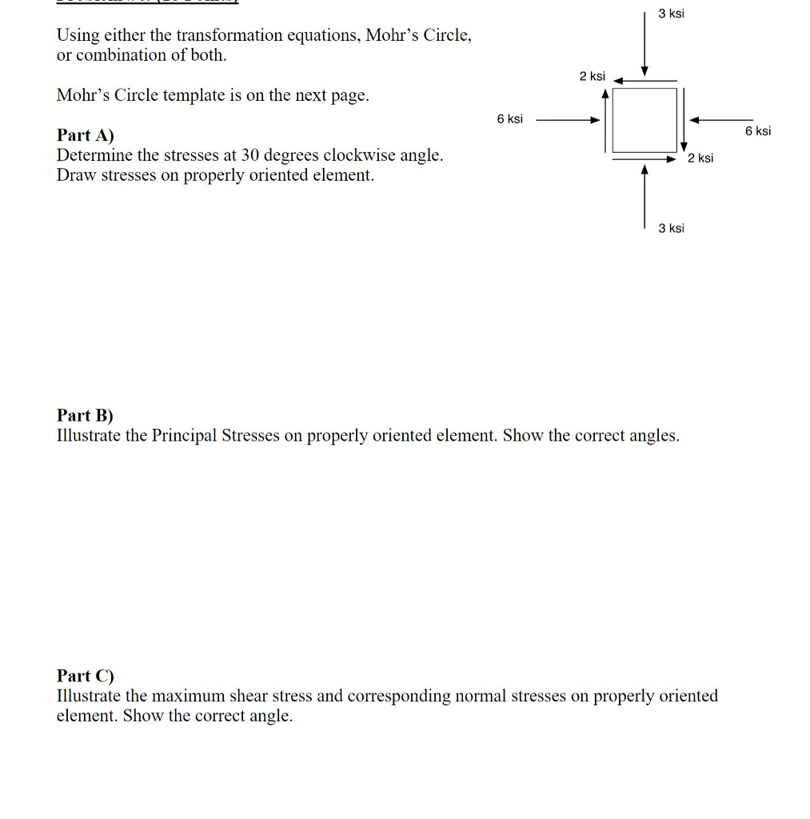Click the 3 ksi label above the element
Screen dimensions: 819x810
pyautogui.click(x=671, y=14)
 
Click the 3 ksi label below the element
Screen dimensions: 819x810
pyautogui.click(x=671, y=229)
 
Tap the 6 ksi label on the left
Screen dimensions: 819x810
pyautogui.click(x=509, y=119)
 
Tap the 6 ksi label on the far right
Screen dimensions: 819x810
pyautogui.click(x=757, y=131)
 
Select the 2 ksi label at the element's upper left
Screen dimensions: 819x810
pyautogui.click(x=593, y=76)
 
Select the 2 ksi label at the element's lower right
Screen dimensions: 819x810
pyautogui.click(x=700, y=158)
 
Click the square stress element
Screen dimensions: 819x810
pyautogui.click(x=644, y=120)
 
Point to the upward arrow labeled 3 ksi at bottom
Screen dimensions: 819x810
pyautogui.click(x=644, y=196)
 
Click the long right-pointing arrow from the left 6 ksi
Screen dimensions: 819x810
pyautogui.click(x=568, y=121)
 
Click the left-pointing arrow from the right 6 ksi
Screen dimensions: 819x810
pyautogui.click(x=720, y=121)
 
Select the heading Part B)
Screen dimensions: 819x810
pyautogui.click(x=86, y=416)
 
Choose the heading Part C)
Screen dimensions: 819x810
pyautogui.click(x=86, y=676)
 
